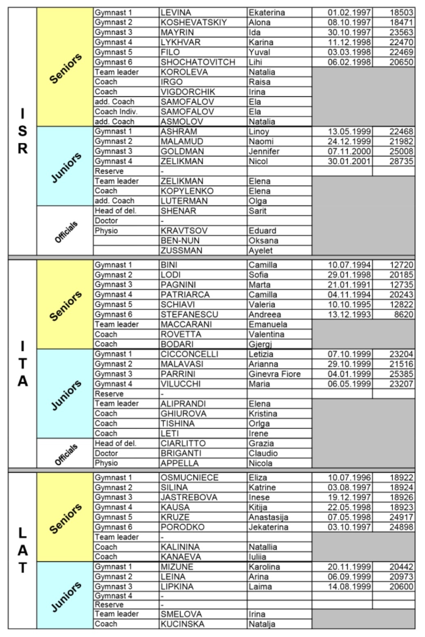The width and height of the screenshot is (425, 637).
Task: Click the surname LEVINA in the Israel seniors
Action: (176, 13)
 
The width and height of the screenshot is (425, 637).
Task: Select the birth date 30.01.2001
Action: (349, 161)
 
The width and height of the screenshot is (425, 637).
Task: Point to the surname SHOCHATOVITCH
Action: (198, 62)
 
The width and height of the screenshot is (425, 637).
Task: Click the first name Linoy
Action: (259, 132)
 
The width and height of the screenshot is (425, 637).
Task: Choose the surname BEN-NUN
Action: (180, 241)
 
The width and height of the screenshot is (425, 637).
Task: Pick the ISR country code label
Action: (22, 132)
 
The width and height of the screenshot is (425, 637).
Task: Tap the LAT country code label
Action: (22, 550)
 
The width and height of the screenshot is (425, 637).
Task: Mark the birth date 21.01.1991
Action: (349, 285)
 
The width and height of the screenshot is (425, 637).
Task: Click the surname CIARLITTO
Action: (183, 443)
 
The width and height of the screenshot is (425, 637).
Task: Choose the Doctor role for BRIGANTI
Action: (106, 453)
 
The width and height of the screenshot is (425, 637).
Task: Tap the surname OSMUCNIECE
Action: (189, 478)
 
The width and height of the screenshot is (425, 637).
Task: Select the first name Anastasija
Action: (268, 517)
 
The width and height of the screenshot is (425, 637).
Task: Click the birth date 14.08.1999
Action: (349, 587)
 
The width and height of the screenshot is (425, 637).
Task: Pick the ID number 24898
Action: (401, 527)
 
